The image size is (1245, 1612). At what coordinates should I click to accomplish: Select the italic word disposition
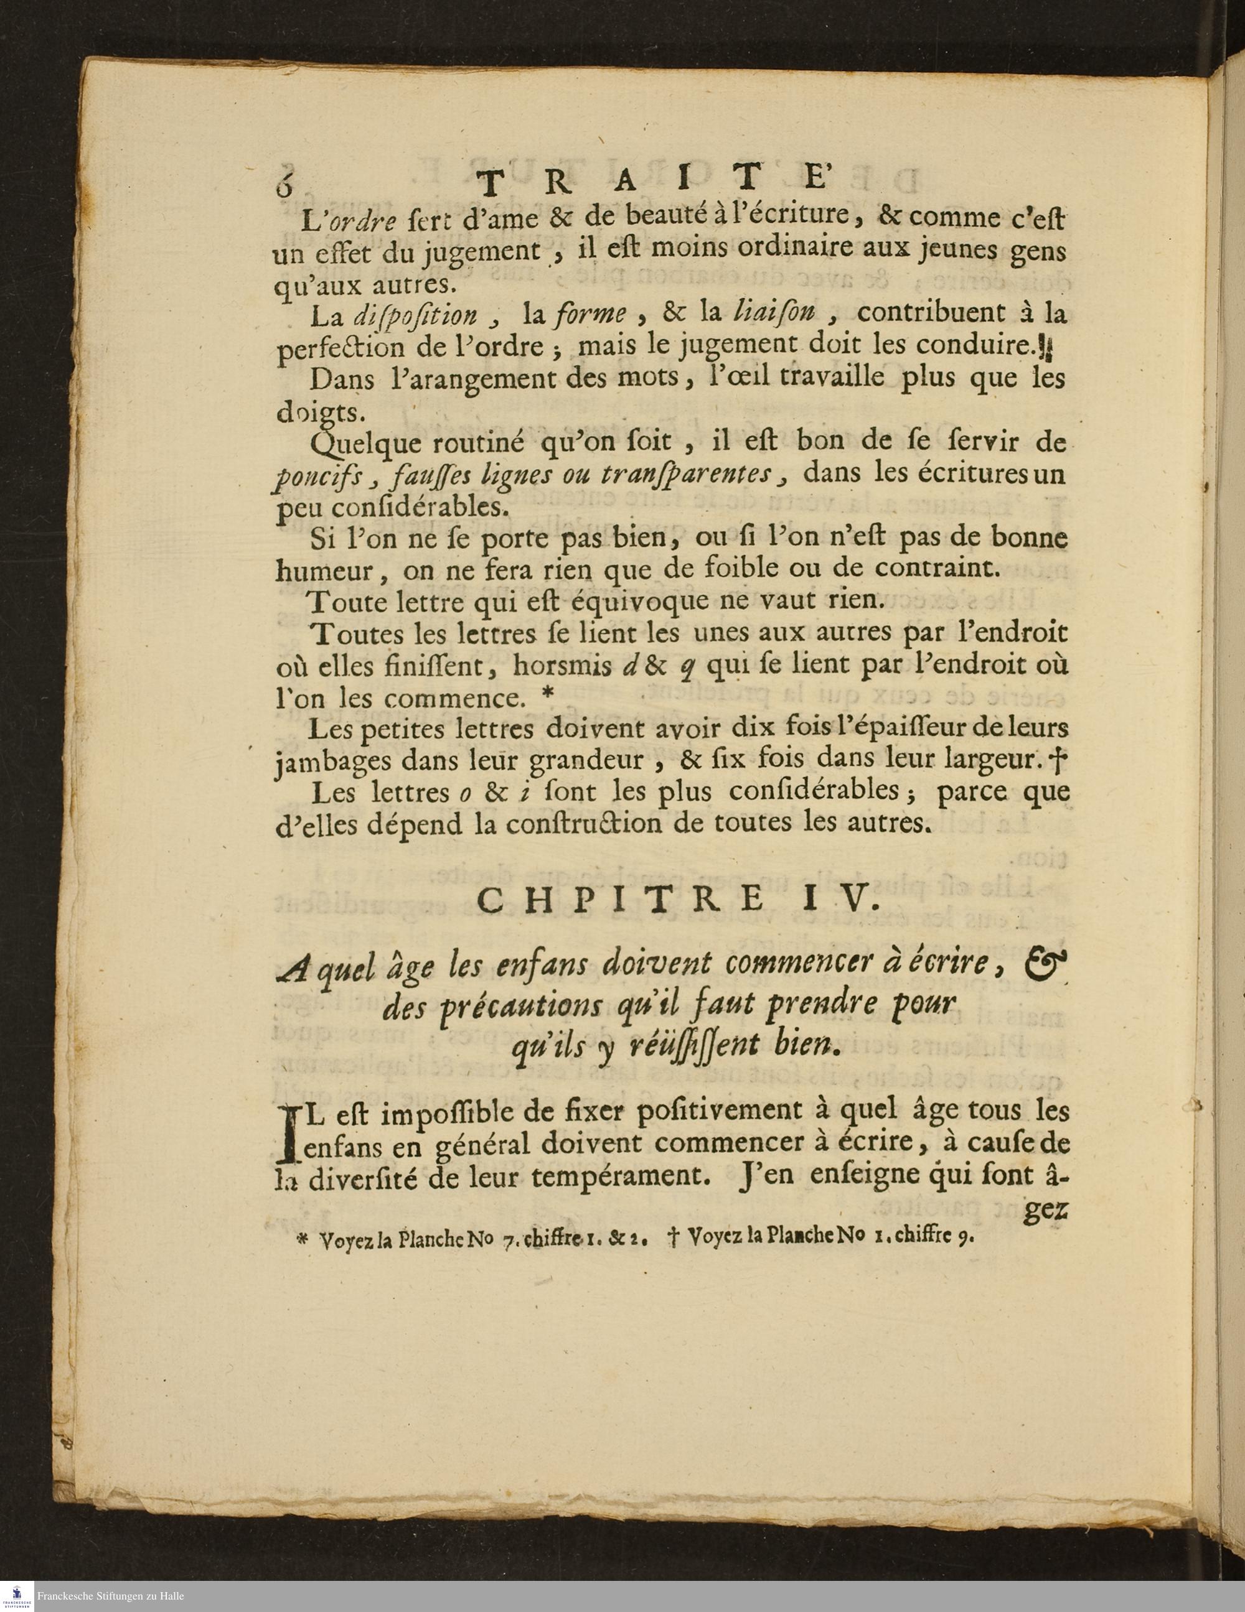pos(415,317)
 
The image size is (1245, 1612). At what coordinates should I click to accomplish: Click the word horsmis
pos(564,666)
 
